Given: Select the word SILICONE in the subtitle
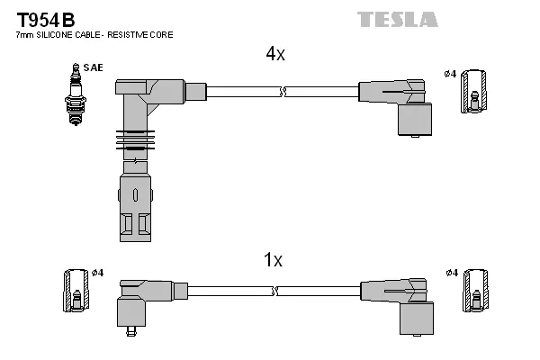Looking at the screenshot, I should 56,35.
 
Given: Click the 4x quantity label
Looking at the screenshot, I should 274,54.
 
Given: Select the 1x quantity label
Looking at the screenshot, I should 273,261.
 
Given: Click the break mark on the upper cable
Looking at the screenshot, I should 283,91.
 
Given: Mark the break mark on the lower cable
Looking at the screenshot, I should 276,291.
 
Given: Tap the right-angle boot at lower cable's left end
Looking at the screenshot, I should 139,301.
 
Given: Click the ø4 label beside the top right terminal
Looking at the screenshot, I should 450,73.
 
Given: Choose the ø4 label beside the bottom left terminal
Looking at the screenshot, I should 98,273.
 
